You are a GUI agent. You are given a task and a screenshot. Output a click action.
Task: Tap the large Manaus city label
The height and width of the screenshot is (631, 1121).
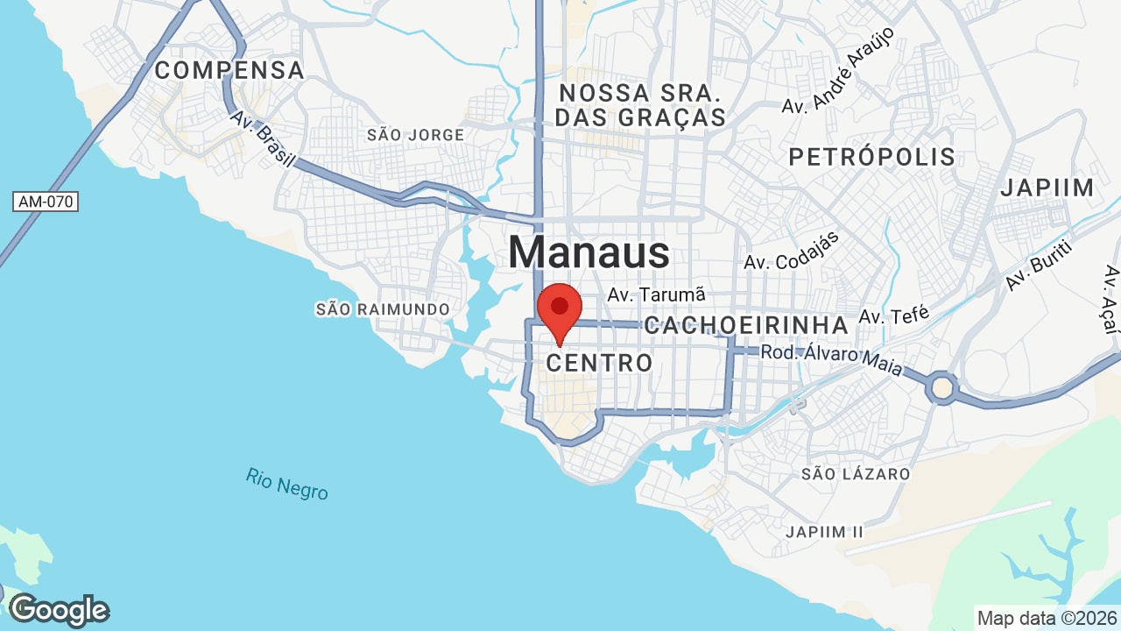coord(589,252)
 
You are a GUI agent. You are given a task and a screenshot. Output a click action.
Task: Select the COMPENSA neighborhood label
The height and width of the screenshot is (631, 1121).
coord(229,70)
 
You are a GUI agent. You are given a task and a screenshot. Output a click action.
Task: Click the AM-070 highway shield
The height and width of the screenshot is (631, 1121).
coord(46,202)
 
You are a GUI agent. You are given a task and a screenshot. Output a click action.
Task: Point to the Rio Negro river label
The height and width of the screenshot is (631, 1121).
coord(287,484)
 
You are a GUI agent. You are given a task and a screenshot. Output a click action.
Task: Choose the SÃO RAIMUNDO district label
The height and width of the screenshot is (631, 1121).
coord(383,309)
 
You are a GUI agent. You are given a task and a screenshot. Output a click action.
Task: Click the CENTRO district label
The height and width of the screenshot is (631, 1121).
coord(600,362)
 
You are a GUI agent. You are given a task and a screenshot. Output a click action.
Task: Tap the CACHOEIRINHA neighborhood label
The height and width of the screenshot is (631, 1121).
coord(746,325)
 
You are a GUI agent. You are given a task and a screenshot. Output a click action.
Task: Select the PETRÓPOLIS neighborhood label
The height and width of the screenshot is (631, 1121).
coord(871,157)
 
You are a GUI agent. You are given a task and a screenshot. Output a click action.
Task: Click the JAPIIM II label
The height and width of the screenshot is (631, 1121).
coord(824,532)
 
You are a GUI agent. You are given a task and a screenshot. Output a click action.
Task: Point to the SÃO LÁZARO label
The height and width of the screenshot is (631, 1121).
coord(856,474)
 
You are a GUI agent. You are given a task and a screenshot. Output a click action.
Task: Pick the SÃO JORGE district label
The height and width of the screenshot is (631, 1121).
coord(415,135)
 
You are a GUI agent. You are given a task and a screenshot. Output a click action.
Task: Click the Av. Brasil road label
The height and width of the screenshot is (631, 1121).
coord(263,140)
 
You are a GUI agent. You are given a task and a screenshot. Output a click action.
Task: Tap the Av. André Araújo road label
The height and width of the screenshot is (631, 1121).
coord(838,70)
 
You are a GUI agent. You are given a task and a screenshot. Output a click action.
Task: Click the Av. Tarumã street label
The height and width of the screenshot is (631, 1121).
coord(656,294)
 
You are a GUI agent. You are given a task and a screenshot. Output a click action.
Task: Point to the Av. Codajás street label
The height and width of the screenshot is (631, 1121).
coord(792,251)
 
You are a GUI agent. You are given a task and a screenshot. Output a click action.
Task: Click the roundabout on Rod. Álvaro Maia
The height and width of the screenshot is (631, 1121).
coord(942,386)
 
